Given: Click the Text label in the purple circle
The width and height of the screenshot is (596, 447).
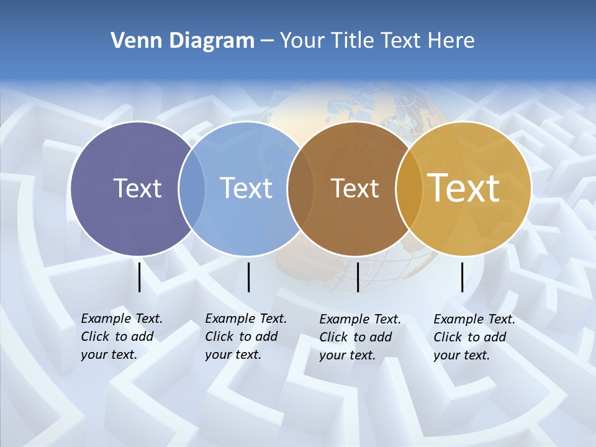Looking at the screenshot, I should (x=137, y=188).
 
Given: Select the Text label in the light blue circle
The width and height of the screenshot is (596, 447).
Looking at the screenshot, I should (x=246, y=188).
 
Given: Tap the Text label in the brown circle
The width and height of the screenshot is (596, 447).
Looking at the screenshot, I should (x=354, y=189).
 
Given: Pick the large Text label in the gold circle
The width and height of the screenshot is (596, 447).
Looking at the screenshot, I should (x=464, y=188).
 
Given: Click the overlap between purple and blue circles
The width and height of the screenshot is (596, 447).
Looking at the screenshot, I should (x=192, y=189).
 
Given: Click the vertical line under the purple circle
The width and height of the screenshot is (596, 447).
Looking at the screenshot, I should (x=139, y=277).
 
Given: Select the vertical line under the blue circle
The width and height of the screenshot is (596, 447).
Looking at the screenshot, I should (x=248, y=277).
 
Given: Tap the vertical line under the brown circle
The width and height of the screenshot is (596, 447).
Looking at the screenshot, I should (x=358, y=277).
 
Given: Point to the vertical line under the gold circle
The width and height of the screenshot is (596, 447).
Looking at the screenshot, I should (x=462, y=277).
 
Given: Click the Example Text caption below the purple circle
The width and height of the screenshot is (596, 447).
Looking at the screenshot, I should (x=121, y=336).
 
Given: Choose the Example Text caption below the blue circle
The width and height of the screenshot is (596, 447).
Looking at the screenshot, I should (x=245, y=336).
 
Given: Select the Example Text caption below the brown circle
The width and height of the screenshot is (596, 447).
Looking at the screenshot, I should (x=359, y=337).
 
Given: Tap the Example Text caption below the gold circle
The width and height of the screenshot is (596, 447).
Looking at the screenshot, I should (x=474, y=337).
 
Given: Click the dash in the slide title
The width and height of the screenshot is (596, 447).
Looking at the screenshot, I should (x=267, y=42).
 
